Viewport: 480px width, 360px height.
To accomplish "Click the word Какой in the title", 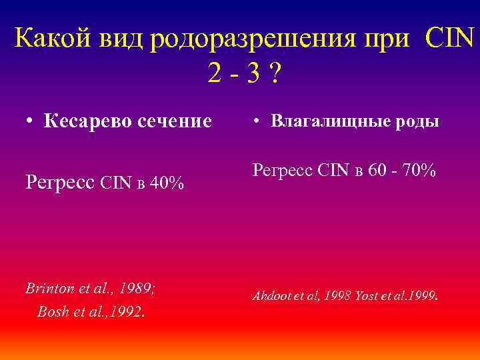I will click(x=54, y=39).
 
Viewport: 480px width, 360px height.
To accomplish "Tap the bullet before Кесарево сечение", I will click(x=31, y=121).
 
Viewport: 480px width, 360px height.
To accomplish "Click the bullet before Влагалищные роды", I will click(x=256, y=121).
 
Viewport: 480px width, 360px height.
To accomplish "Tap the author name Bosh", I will click(x=53, y=311).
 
